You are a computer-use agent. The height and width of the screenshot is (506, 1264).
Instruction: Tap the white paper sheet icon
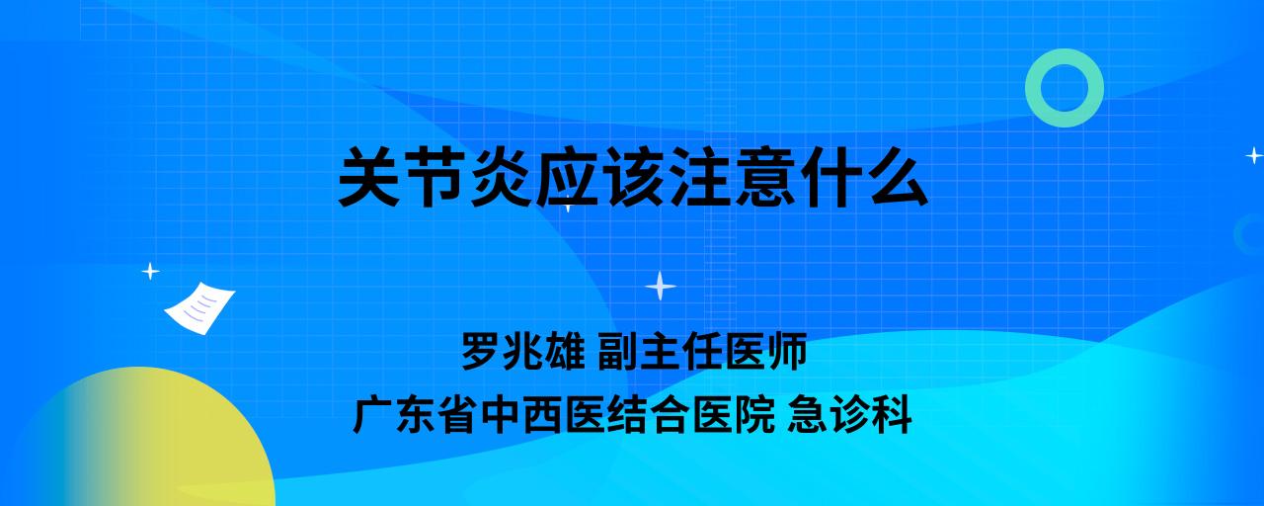coord(199,308)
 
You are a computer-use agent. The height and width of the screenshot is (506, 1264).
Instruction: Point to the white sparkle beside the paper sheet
coord(150,272)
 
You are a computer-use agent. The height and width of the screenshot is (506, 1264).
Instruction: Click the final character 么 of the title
coord(898,177)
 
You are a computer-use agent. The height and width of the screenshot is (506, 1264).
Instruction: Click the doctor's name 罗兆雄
coord(523,351)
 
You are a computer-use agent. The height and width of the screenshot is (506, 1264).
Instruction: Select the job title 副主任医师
coord(702,351)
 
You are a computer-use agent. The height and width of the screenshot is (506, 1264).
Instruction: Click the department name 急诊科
coord(849,415)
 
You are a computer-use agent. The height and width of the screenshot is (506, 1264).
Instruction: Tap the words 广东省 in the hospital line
coord(415,415)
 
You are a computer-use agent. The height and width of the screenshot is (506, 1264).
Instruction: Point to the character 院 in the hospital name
coord(754,415)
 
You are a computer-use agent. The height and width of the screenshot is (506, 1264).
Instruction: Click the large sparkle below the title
coord(661,287)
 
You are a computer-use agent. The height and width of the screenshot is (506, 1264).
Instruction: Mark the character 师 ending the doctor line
coord(786,351)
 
